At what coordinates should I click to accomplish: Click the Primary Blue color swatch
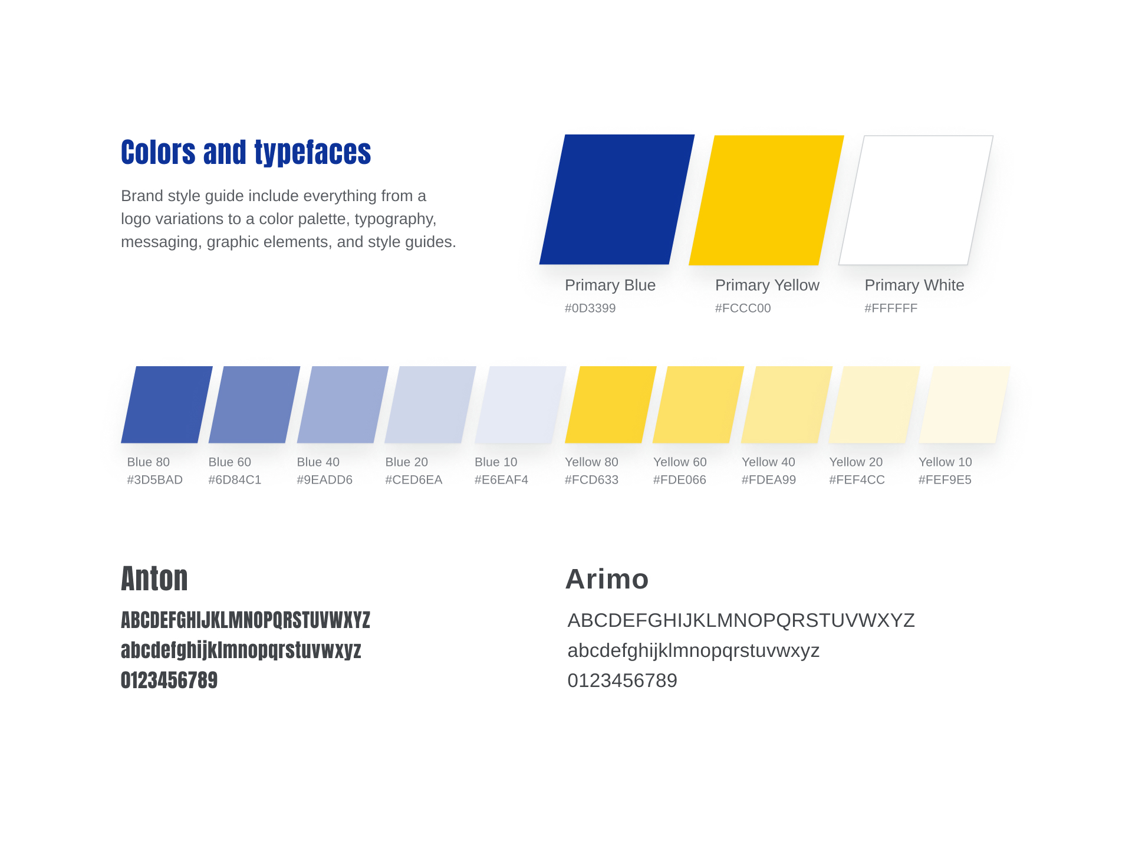coord(617,199)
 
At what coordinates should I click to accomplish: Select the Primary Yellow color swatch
coord(766,200)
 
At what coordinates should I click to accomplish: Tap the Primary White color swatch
coord(916,200)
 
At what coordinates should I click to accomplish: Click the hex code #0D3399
coord(590,308)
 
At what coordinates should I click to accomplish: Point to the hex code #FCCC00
coord(743,308)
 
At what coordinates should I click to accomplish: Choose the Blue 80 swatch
coord(167,405)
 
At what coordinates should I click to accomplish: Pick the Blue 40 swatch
coord(343,405)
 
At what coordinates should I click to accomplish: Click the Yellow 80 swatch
coord(611,405)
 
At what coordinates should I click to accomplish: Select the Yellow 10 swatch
coord(965,405)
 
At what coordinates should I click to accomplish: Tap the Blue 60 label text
coord(229,462)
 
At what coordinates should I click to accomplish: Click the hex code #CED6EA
coord(414,479)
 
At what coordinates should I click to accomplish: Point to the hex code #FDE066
coord(680,479)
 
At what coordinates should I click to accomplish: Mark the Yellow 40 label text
coord(768,462)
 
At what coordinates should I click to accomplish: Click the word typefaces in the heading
coord(312,153)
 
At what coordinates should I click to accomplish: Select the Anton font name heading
coord(154,578)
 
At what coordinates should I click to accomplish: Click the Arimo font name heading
coord(607,578)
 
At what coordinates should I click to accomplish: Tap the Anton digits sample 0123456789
coord(169,680)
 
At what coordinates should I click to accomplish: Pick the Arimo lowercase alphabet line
coord(693,650)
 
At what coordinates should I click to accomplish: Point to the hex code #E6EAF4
coord(501,479)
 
